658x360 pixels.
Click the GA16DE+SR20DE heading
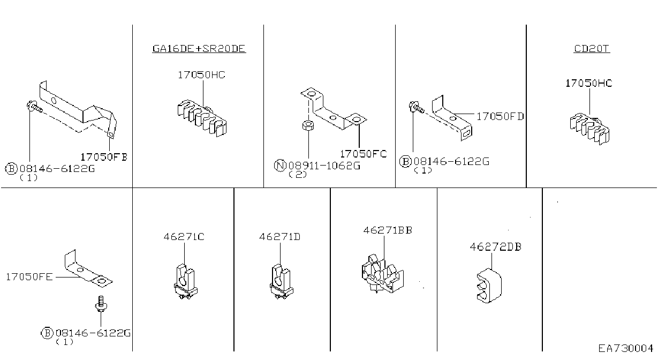[199, 49]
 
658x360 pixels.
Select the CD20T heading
[592, 49]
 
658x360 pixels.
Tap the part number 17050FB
[104, 157]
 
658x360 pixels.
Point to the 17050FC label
[364, 154]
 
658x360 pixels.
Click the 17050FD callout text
[500, 117]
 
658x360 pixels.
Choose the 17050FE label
[29, 277]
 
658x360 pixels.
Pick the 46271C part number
[184, 237]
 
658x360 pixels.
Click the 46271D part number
[279, 237]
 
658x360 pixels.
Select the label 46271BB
[388, 230]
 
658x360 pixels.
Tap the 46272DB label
[496, 247]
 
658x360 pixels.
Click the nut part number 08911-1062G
[324, 166]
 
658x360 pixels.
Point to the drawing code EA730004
[626, 349]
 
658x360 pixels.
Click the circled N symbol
[280, 165]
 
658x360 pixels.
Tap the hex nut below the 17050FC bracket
[308, 125]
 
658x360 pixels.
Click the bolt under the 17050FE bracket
[101, 304]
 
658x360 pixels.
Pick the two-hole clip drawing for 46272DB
[489, 286]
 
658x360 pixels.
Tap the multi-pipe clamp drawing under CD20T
[589, 129]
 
